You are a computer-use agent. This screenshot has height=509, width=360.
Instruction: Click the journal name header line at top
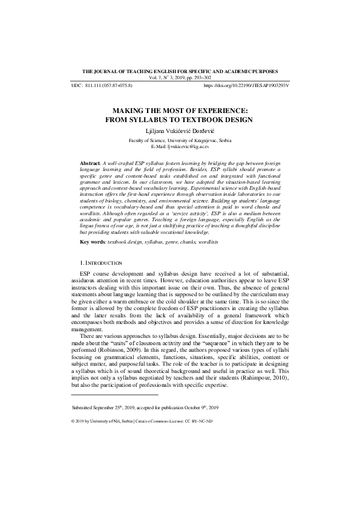(180, 71)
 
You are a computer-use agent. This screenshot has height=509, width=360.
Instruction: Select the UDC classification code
(109, 86)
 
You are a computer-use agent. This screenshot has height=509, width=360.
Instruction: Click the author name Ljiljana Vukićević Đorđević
(180, 131)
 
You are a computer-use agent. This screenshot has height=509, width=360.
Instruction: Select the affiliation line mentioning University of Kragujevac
(180, 140)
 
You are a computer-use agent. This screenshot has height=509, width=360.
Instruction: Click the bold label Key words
(93, 242)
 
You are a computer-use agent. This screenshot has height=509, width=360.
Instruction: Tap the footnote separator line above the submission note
(115, 394)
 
